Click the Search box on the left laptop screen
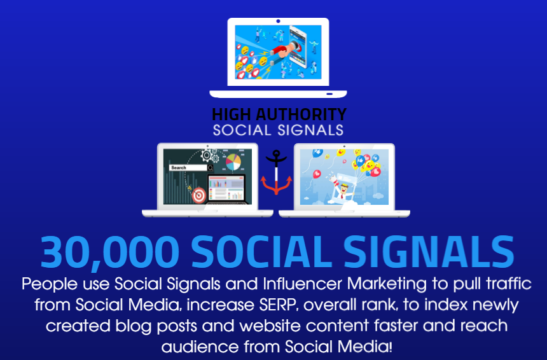point(188,167)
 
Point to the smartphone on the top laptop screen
point(303,48)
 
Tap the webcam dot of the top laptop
point(278,21)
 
